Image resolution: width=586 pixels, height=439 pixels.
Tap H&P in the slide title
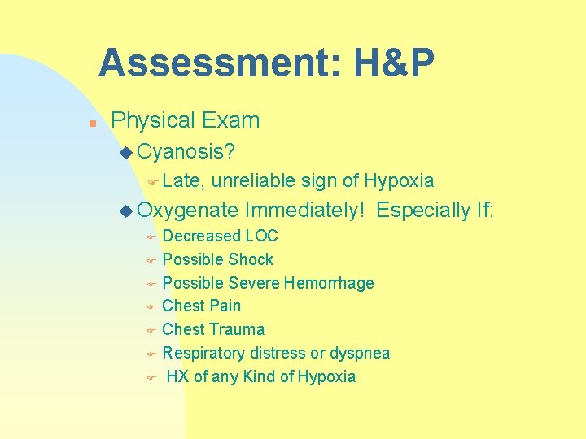394,63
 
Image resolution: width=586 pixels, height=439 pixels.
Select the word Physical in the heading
151,121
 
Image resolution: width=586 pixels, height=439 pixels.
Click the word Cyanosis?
186,151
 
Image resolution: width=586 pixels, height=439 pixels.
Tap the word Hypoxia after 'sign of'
399,180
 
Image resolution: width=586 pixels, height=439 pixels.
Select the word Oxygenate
187,211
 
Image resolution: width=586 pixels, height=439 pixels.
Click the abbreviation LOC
261,237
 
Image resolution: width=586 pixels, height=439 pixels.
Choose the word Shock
251,260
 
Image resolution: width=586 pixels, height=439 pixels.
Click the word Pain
224,306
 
